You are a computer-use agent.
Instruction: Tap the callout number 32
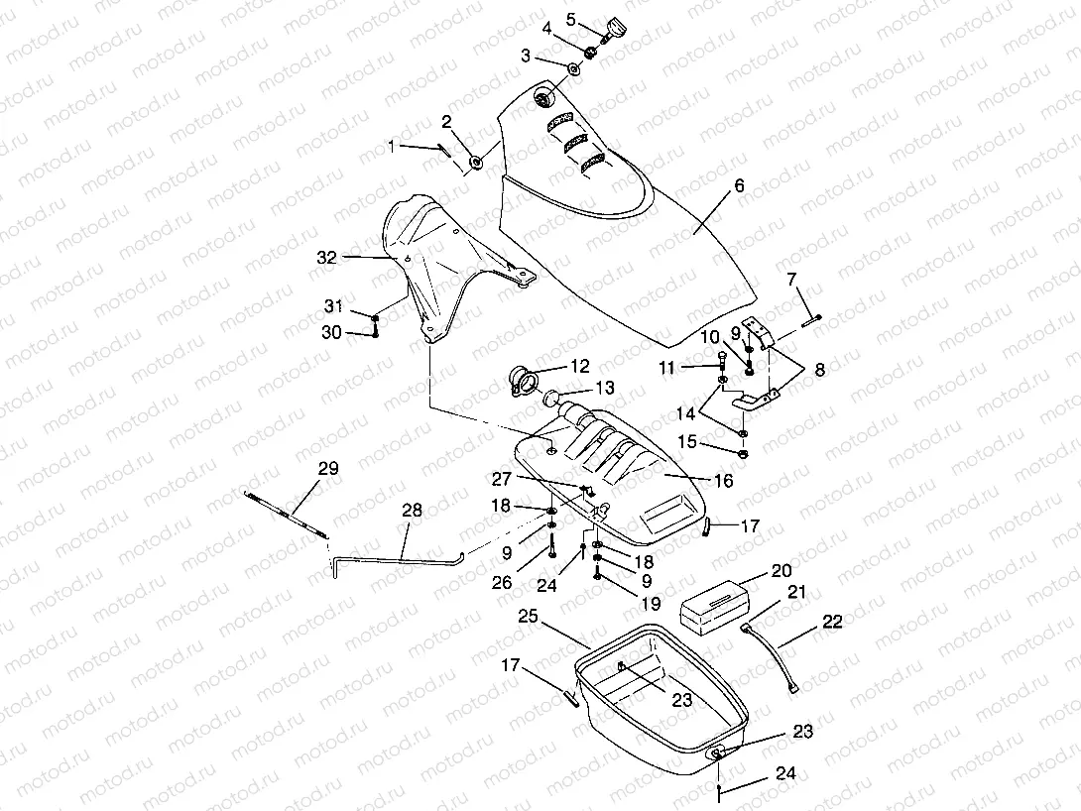[x=327, y=257]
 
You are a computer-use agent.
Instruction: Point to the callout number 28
[x=412, y=511]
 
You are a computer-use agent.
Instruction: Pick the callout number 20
[x=782, y=572]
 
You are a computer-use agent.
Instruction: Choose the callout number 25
[x=529, y=618]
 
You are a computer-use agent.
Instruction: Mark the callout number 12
[x=579, y=366]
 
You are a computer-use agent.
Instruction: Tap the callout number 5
[x=570, y=19]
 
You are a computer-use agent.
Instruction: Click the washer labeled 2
[x=476, y=162]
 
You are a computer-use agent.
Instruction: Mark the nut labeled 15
[x=743, y=453]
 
